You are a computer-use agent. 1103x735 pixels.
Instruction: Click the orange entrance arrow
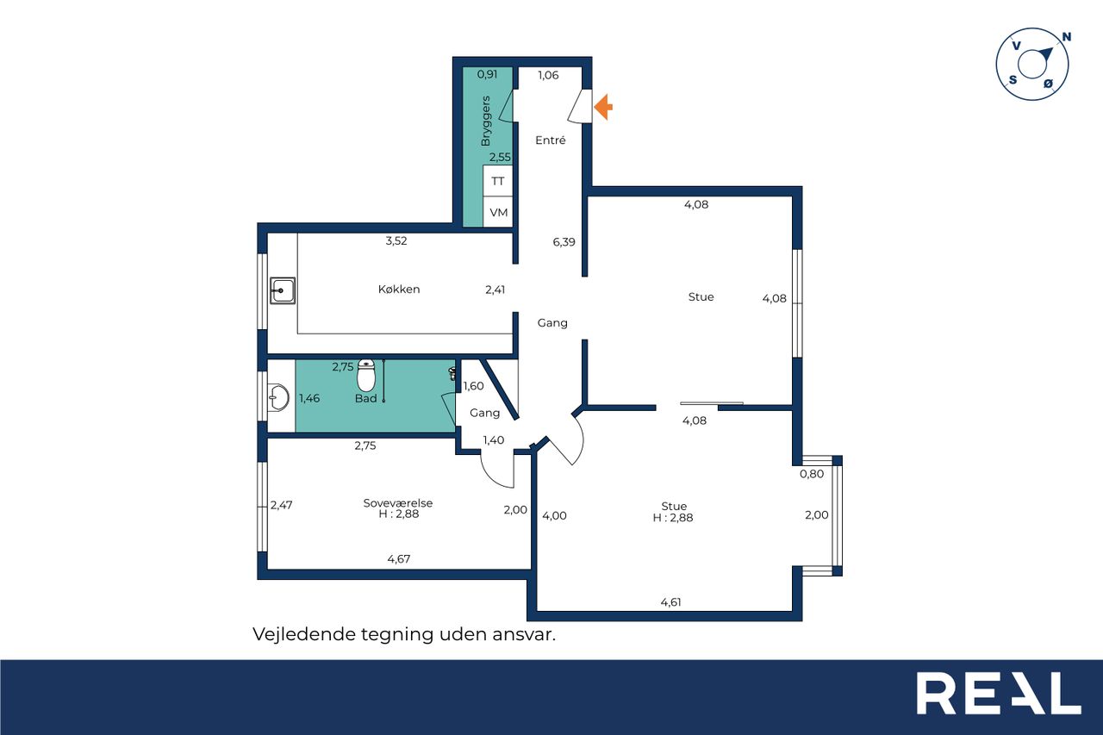coord(603,107)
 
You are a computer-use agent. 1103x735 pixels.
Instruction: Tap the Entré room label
coord(550,140)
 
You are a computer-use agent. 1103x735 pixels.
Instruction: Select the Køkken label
coord(399,289)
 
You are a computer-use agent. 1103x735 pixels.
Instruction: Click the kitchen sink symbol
coord(283,290)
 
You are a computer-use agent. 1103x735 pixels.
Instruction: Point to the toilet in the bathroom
coord(366,375)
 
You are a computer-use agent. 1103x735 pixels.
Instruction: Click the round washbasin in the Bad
coord(278,397)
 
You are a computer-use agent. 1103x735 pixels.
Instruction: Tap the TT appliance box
coord(498,181)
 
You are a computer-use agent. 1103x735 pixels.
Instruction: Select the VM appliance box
coord(498,212)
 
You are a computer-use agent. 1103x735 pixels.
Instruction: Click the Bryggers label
coord(485,121)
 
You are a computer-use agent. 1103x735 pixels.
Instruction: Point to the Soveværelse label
coord(398,503)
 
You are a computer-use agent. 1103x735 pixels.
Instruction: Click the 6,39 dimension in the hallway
coord(564,242)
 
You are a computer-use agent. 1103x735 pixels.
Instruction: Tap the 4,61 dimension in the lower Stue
coord(670,602)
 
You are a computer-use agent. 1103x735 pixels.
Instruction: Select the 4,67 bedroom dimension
coord(399,558)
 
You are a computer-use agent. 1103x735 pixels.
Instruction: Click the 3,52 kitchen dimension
coord(396,240)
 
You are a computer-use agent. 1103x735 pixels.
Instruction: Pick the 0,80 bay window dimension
coord(812,474)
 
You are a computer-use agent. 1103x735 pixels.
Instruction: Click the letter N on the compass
coord(1067,37)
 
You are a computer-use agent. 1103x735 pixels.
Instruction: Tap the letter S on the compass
coord(1013,80)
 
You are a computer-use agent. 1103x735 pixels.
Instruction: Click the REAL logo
coord(999,693)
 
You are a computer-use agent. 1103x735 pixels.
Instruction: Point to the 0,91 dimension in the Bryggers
coord(488,74)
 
